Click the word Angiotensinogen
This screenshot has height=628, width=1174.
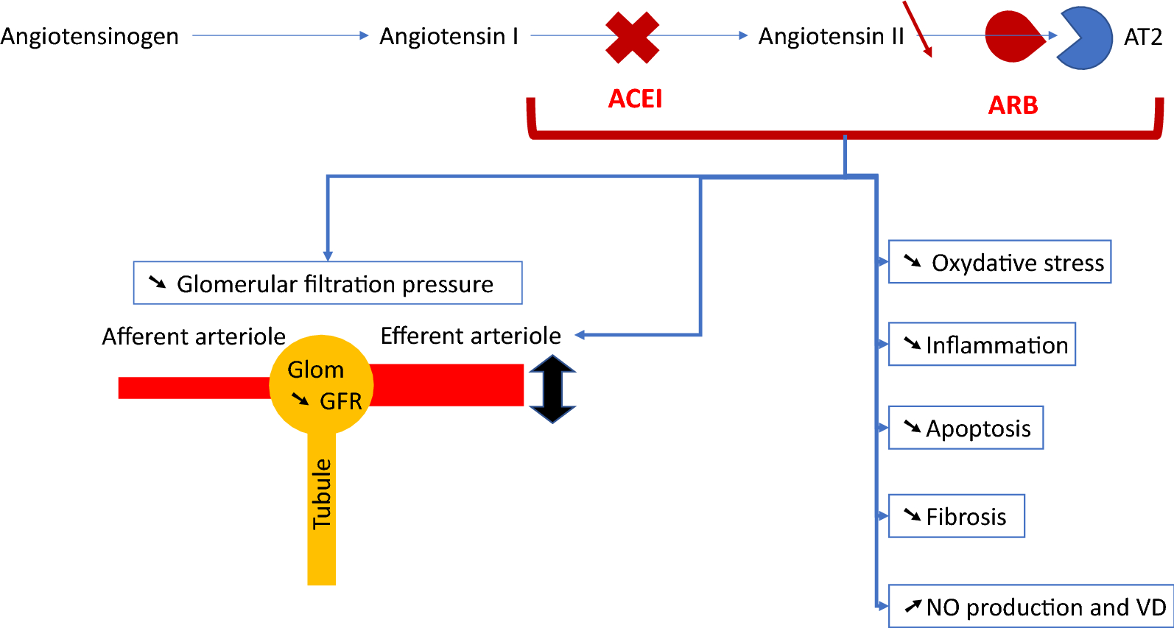89,37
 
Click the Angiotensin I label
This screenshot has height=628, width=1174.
449,37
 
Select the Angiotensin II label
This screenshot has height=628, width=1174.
831,37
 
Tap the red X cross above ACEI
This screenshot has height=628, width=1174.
632,38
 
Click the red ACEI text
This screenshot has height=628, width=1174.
635,99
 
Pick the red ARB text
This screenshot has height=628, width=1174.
1013,105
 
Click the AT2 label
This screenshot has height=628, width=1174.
1142,37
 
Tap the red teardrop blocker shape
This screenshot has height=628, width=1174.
1013,37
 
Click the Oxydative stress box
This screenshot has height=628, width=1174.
999,262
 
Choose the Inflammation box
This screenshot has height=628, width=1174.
982,345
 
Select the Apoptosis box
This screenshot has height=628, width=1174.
966,428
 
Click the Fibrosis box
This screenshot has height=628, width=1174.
956,516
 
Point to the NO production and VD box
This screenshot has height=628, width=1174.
1030,607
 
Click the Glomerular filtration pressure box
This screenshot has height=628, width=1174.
328,283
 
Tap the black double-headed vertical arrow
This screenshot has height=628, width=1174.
552,389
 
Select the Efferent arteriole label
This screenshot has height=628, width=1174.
471,336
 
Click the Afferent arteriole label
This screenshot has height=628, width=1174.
194,336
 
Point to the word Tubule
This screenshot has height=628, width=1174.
322,494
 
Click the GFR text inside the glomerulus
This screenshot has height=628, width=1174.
340,401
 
